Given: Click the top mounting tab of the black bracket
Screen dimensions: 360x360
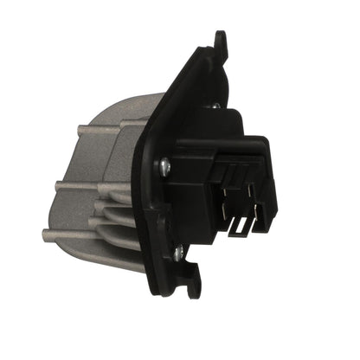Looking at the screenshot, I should pos(221,41).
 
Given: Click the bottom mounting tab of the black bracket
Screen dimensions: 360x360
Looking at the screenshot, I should pos(192,285).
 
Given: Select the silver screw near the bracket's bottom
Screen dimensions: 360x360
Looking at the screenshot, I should pos(178,252).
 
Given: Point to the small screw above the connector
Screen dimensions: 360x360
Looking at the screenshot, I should pos(214,106).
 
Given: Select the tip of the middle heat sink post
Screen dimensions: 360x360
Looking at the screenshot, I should pos(58,185).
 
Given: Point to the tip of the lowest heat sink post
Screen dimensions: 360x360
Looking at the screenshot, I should pos(46,232).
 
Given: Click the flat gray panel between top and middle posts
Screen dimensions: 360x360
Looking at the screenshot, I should pos(95,160).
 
